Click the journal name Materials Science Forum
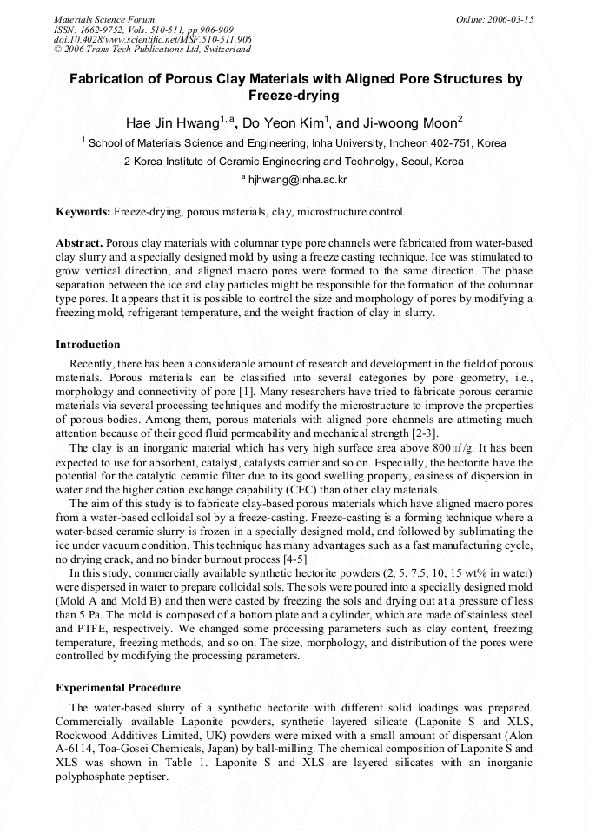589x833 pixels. coord(104,18)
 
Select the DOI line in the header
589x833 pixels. coord(153,39)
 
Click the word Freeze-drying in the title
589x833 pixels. coord(294,96)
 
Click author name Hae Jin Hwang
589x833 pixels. coord(172,122)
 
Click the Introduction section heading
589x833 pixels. coord(88,345)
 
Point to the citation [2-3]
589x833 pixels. coord(423,433)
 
